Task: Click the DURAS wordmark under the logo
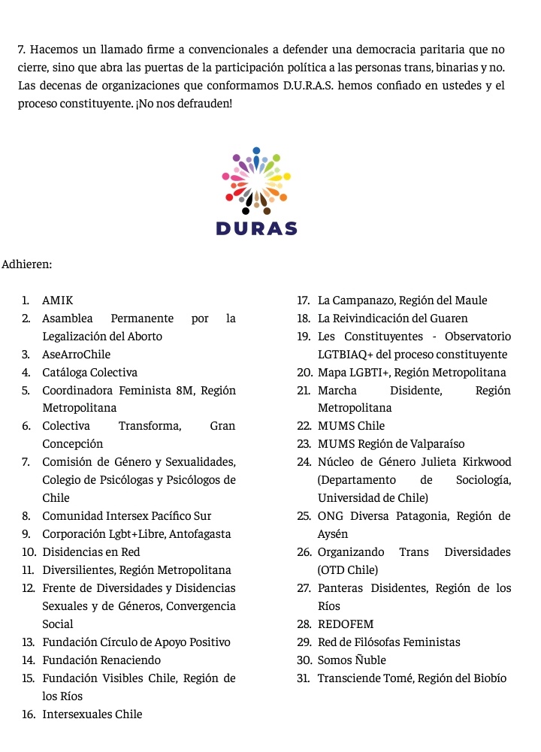pyautogui.click(x=256, y=229)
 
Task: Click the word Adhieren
pyautogui.click(x=27, y=264)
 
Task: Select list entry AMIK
pyautogui.click(x=58, y=300)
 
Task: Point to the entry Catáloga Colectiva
pyautogui.click(x=89, y=373)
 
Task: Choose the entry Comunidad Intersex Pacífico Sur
pyautogui.click(x=126, y=516)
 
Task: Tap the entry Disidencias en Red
pyautogui.click(x=91, y=552)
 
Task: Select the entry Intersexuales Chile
pyautogui.click(x=92, y=714)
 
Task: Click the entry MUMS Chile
pyautogui.click(x=351, y=426)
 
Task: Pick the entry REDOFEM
pyautogui.click(x=346, y=624)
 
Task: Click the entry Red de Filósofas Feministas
pyautogui.click(x=388, y=642)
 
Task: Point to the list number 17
pyautogui.click(x=304, y=300)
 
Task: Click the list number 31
pyautogui.click(x=304, y=678)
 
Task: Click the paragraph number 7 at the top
pyautogui.click(x=22, y=50)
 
